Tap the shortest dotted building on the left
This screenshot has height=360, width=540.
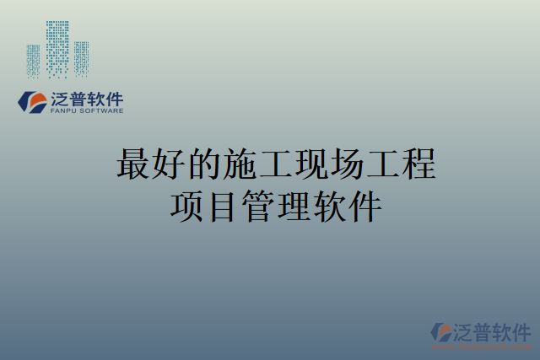pos(33,61)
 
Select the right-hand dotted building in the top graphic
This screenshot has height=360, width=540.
pos(81,58)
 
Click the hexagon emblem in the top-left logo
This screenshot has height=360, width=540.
pos(33,102)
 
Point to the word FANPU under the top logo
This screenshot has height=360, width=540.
pos(66,111)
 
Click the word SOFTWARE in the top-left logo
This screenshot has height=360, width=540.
pos(103,111)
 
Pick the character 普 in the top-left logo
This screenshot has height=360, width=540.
pos(82,99)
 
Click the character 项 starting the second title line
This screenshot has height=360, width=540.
pos(186,207)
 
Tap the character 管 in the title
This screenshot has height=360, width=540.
pos(257,207)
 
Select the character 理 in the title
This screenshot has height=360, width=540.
pos(293,207)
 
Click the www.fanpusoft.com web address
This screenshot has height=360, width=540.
pos(482,346)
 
